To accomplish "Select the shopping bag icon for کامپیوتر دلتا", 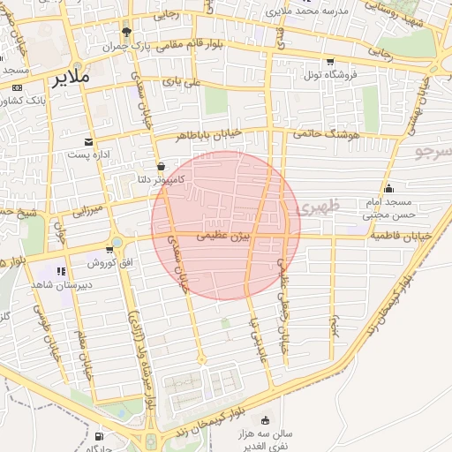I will (160, 166).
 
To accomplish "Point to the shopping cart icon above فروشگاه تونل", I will (329, 62).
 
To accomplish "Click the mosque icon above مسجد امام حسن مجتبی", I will (388, 187).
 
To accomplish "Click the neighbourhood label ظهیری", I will (319, 207).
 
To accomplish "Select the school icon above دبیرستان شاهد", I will (61, 271).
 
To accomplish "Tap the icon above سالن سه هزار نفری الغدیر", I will (265, 420).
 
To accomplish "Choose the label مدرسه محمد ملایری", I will (312, 10).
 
